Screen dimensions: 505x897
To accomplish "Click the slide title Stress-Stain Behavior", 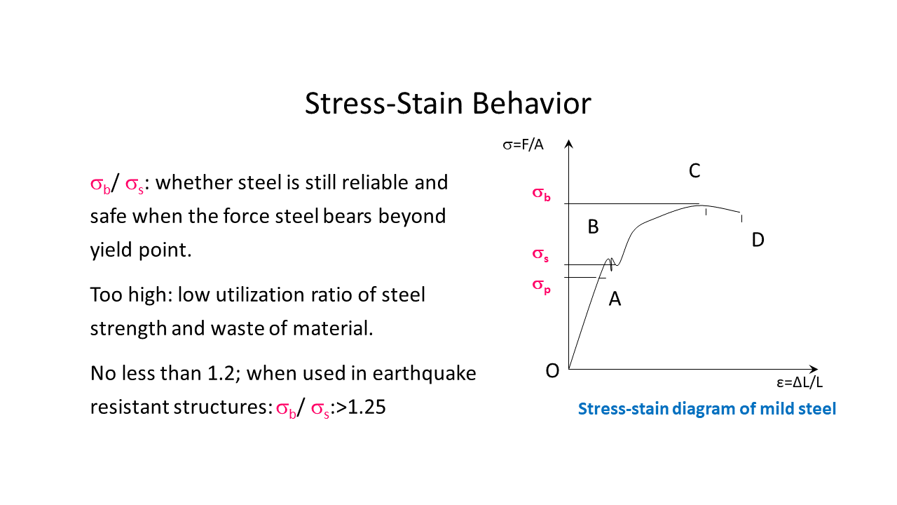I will (448, 103).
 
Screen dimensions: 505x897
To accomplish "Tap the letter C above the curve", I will (694, 170).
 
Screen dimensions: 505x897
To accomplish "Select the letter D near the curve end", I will (758, 240).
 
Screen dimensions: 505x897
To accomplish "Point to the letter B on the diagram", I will (593, 227).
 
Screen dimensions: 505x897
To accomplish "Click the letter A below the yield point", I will (615, 299).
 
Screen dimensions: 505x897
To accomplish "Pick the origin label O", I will (552, 371).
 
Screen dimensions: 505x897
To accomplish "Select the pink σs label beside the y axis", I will (540, 256).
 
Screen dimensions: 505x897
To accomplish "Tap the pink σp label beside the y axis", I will (541, 285).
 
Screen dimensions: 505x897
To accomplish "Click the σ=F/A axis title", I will (523, 145).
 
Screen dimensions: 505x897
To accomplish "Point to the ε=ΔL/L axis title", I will (799, 383).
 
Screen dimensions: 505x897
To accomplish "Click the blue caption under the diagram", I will (706, 409).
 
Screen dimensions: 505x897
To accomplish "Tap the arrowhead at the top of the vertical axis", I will (569, 144).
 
